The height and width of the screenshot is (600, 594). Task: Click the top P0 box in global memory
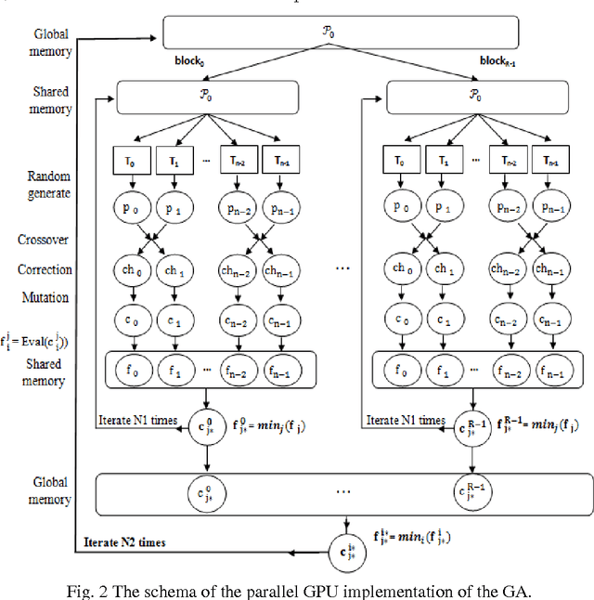(376, 33)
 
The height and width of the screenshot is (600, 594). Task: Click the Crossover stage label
(43, 240)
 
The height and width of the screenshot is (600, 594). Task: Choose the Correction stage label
(44, 270)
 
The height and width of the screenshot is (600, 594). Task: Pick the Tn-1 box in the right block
(552, 160)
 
